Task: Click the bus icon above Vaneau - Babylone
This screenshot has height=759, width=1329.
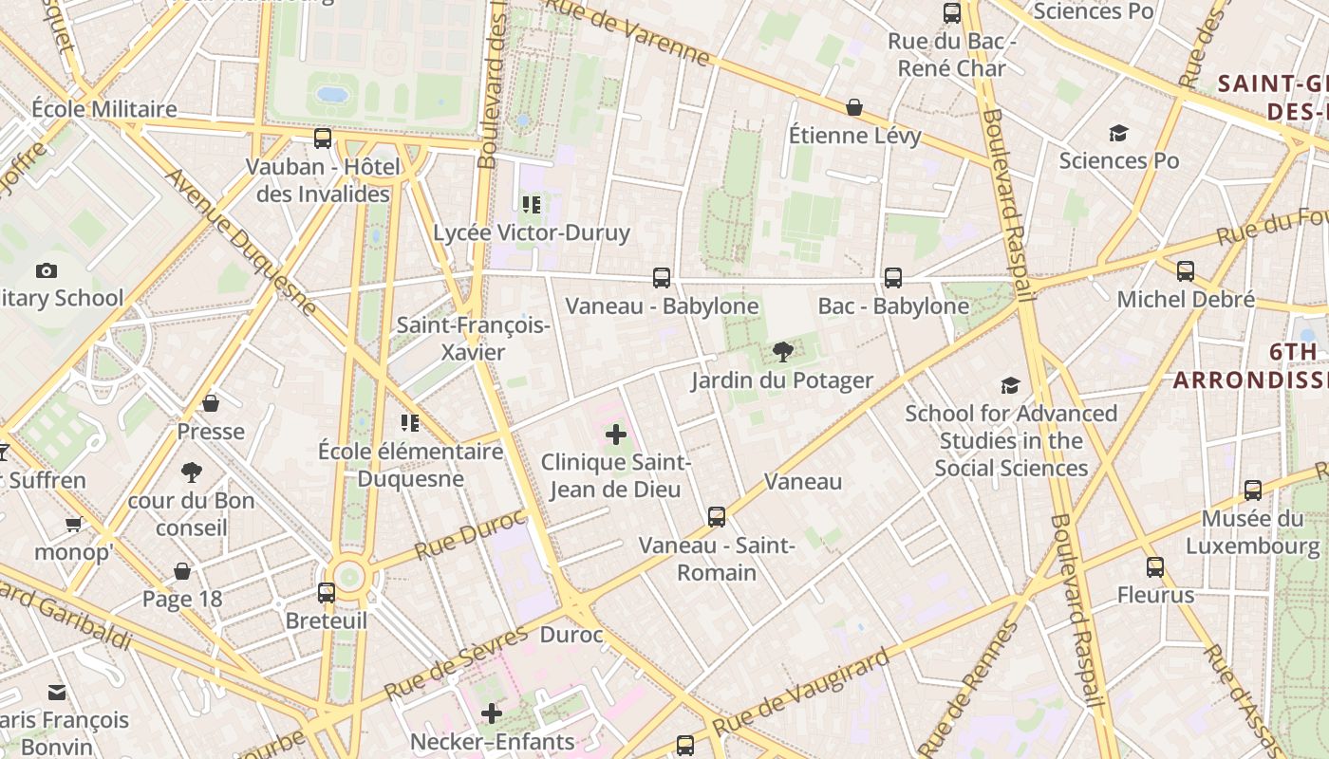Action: (662, 278)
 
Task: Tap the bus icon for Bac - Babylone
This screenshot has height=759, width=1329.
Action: (893, 278)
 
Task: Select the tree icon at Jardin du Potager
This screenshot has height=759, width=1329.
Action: (783, 353)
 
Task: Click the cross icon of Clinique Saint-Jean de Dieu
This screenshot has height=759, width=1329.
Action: (616, 435)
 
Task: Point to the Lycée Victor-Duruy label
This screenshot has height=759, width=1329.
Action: (532, 232)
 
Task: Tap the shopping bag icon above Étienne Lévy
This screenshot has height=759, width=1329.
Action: (854, 107)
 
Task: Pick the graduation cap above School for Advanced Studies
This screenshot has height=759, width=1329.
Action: (1011, 385)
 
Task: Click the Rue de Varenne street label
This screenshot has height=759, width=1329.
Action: (627, 33)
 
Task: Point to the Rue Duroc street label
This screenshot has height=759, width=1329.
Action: (470, 535)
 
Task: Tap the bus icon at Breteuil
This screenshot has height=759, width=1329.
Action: (327, 593)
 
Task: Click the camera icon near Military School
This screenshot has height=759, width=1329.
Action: (46, 271)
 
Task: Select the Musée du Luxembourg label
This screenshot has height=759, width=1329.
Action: (1252, 532)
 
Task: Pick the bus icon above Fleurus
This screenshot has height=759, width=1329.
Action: (1155, 567)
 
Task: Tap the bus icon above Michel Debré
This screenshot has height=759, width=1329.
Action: (1186, 271)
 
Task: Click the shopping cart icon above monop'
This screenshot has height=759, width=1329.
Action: (73, 524)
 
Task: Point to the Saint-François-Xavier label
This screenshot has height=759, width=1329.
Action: (473, 339)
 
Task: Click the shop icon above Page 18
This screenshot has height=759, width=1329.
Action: (182, 571)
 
